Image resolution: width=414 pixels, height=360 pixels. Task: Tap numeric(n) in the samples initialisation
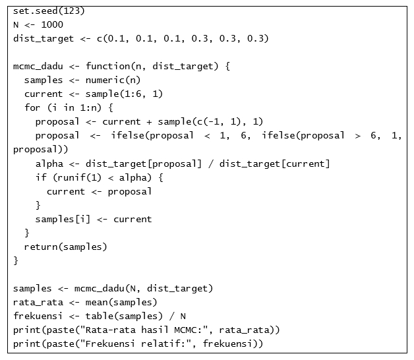[113, 80]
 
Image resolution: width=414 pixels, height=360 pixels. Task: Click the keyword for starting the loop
[32, 108]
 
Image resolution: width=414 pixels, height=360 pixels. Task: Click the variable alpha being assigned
[49, 164]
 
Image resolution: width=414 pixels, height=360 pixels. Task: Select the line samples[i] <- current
[94, 219]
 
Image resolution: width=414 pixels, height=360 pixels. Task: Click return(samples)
[65, 247]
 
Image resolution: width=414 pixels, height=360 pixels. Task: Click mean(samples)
[121, 303]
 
